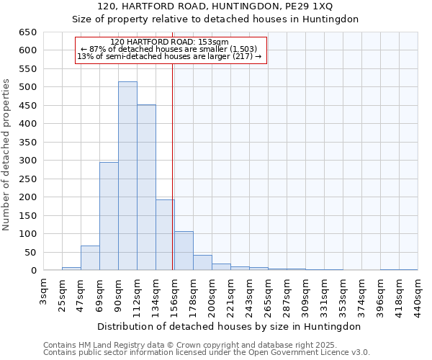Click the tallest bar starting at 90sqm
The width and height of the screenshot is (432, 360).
127,176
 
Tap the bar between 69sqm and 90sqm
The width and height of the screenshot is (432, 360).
109,216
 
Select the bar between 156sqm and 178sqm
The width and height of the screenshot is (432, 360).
184,251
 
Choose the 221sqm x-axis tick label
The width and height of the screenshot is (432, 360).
230,294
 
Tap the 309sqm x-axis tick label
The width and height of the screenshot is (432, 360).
305,294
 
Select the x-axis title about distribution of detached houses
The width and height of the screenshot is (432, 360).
230,326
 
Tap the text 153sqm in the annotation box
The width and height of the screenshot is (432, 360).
215,42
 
